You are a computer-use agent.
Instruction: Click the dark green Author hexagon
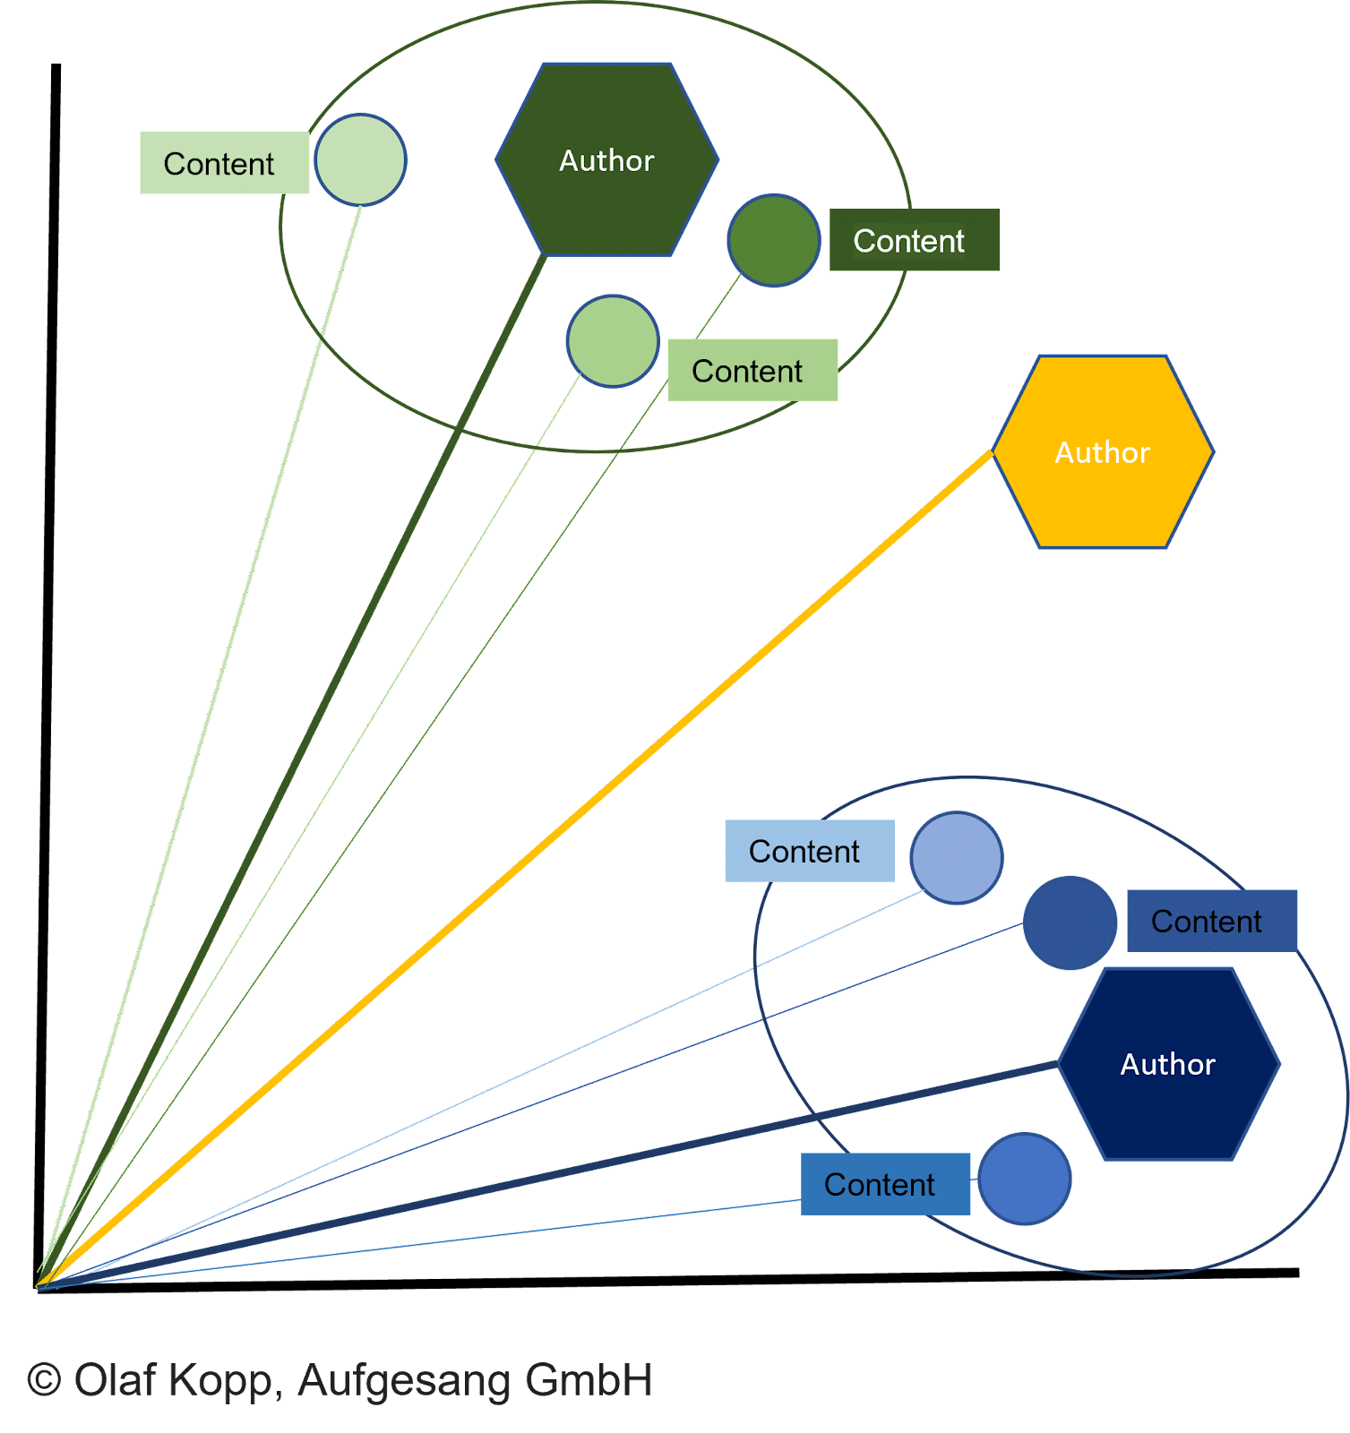606,160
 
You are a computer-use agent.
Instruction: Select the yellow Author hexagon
1103,452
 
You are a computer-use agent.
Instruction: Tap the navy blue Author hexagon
1168,1064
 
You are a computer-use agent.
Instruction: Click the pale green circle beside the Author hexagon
361,159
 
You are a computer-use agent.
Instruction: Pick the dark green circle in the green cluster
773,240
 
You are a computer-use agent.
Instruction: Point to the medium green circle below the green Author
613,341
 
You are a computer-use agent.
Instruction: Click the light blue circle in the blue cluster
956,857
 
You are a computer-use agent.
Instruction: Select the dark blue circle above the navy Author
1070,922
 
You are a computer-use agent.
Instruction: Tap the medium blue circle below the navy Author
1024,1179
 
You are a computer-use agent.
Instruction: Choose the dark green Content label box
914,240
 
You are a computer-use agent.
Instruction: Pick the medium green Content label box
752,370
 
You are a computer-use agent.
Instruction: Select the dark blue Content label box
1211,921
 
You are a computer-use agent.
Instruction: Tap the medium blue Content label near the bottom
885,1184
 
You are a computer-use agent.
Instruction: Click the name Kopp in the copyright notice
223,1382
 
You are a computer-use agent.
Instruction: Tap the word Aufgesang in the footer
403,1382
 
